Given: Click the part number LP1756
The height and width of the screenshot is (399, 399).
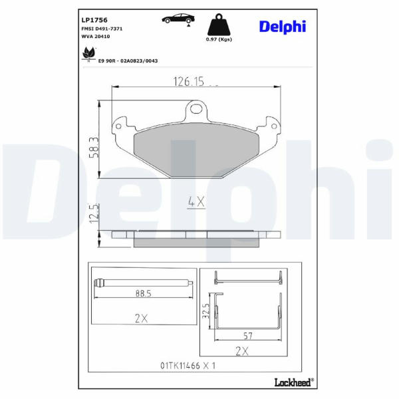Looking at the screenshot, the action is [x=94, y=20].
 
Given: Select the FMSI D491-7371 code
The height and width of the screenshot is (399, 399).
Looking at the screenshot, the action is [x=102, y=29].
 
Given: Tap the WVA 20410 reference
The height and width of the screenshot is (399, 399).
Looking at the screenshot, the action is [x=96, y=37].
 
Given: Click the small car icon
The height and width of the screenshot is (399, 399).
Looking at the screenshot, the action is [x=178, y=19].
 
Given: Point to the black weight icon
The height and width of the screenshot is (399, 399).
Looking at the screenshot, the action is [x=219, y=25].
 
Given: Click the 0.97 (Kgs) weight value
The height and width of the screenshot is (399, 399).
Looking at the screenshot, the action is [x=219, y=39].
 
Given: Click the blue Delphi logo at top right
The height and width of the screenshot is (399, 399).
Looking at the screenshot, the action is [x=283, y=27].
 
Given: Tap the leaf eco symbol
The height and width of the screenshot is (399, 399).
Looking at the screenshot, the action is [x=88, y=54].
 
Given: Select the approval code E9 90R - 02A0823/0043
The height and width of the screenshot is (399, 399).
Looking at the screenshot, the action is [x=128, y=61].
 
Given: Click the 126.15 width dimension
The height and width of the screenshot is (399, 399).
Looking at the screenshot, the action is [x=189, y=81].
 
